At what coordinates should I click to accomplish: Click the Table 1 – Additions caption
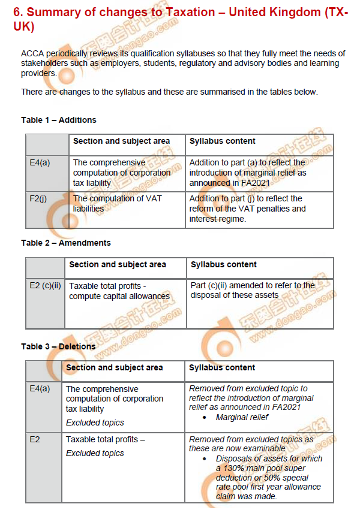coord(58,120)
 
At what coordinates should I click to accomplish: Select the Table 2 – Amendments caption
coord(65,243)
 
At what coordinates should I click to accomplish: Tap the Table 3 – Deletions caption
coord(58,346)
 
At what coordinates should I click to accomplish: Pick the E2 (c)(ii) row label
coord(45,286)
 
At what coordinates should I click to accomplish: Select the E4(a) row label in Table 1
coord(40,162)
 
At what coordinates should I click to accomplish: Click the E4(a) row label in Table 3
coord(40,389)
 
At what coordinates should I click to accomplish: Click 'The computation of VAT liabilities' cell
coord(117,204)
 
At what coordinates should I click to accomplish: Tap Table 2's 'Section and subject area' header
coord(117,264)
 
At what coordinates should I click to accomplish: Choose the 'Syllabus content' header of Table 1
coord(222,141)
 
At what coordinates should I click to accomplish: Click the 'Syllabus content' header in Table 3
coord(221,367)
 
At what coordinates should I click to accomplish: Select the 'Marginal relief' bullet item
coord(242,417)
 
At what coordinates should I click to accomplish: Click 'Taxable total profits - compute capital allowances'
coord(119,291)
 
